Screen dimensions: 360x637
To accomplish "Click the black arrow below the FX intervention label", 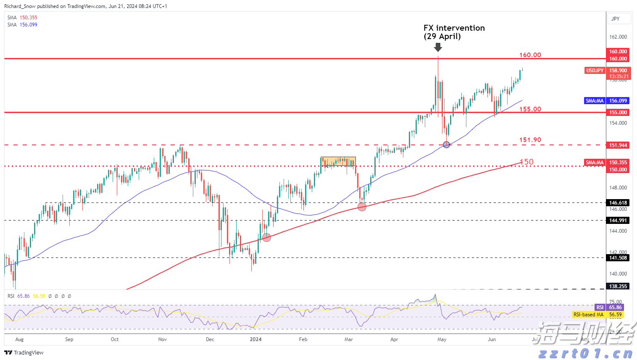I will pyautogui.click(x=438, y=47).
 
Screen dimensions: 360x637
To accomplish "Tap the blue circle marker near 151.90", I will pyautogui.click(x=447, y=145).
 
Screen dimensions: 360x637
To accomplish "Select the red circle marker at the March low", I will pyautogui.click(x=362, y=207).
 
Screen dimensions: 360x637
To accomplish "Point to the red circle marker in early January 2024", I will pyautogui.click(x=266, y=238).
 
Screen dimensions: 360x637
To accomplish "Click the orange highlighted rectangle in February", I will pyautogui.click(x=338, y=162).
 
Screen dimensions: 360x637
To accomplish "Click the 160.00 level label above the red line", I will pyautogui.click(x=530, y=55).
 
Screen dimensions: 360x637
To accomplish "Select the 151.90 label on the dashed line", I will pyautogui.click(x=530, y=140).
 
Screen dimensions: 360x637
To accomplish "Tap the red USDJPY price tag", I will pyautogui.click(x=595, y=71).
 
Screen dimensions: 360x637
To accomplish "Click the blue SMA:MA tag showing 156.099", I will pyautogui.click(x=595, y=101).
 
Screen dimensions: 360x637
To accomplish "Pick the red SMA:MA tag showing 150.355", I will pyautogui.click(x=595, y=163).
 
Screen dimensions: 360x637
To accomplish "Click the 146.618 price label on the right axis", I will pyautogui.click(x=618, y=203).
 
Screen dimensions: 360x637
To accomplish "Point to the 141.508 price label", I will pyautogui.click(x=618, y=258).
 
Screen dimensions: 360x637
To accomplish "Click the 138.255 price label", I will pyautogui.click(x=618, y=286).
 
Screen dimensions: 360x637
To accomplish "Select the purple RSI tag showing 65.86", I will pyautogui.click(x=600, y=307).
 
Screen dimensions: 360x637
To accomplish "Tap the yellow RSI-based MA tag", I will pyautogui.click(x=588, y=315).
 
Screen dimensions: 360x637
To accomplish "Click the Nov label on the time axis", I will pyautogui.click(x=163, y=339).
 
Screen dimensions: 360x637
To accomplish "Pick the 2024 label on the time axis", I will pyautogui.click(x=255, y=339).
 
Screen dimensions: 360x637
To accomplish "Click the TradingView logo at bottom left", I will pyautogui.click(x=24, y=352).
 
